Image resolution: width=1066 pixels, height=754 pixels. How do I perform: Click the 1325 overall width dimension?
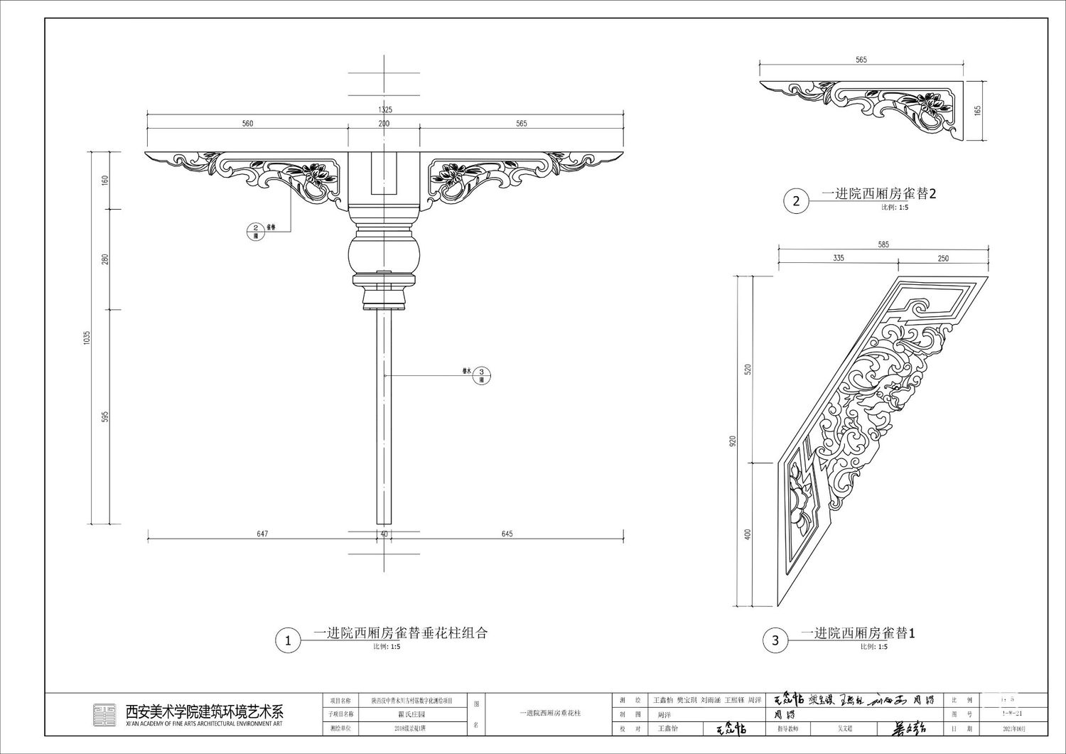[x=385, y=109]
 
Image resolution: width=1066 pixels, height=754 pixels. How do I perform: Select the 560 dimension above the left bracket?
[x=247, y=124]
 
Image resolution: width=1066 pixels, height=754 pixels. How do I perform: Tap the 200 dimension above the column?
[x=384, y=124]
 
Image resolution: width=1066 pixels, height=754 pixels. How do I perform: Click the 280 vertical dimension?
[x=105, y=259]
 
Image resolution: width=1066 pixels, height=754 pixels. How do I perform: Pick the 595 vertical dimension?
[x=105, y=416]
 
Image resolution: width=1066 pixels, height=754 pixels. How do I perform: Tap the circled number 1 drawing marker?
[x=288, y=640]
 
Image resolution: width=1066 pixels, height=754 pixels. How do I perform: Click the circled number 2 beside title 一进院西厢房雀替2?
[x=796, y=201]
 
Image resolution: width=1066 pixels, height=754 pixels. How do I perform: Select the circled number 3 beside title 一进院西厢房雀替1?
[x=775, y=640]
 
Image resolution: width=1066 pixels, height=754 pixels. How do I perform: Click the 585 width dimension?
[x=883, y=244]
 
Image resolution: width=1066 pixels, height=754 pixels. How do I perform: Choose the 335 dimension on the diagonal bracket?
[x=839, y=259]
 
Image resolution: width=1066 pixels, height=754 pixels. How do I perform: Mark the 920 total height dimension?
[x=732, y=441]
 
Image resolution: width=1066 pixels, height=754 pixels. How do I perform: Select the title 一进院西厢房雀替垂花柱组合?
[x=401, y=633]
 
